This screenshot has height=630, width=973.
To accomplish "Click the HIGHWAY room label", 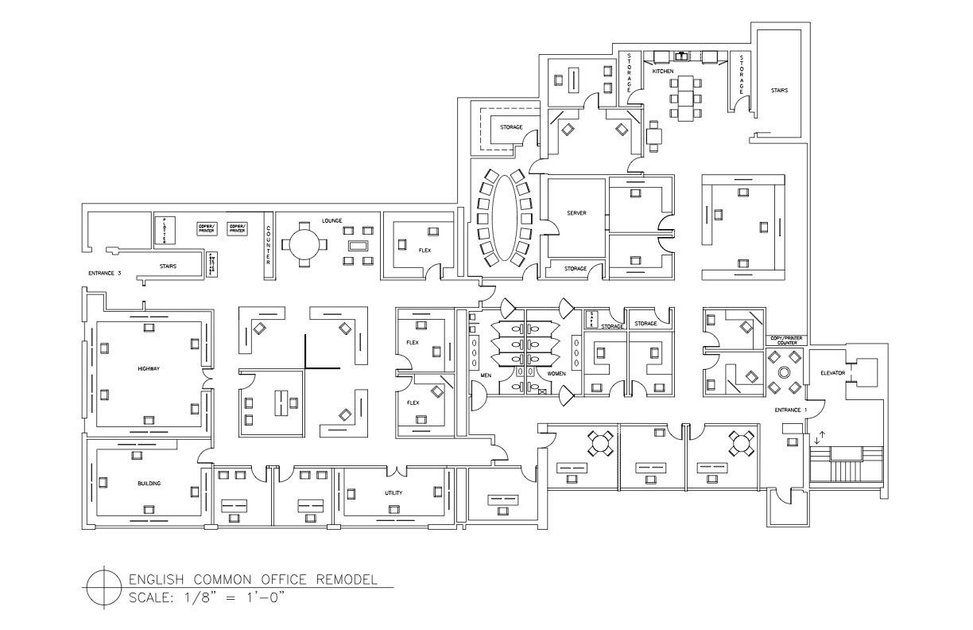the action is (x=149, y=369).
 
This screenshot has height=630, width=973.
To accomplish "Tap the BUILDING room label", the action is (x=149, y=484).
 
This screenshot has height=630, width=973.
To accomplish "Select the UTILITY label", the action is (x=393, y=493).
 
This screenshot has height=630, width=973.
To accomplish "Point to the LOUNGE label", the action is (x=332, y=220).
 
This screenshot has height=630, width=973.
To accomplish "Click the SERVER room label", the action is (x=576, y=213).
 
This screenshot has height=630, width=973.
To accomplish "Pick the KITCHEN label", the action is (x=663, y=72).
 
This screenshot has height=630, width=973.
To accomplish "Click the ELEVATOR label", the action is (x=833, y=372).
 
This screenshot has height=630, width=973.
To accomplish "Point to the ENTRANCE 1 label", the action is (x=791, y=410).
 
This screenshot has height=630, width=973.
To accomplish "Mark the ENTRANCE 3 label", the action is (x=104, y=273).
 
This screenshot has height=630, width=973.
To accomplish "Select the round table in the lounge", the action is (x=306, y=242).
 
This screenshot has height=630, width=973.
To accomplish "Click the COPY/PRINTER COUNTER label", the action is (x=786, y=340).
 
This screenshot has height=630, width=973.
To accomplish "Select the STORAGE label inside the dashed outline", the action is (x=511, y=127).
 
